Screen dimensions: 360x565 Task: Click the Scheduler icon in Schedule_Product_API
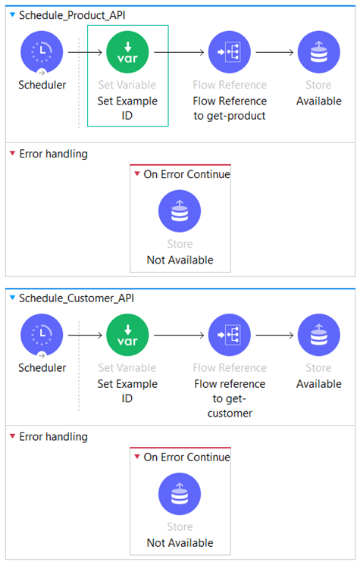42,52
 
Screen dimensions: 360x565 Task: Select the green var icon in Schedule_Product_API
127,52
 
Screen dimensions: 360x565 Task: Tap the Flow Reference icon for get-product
230,52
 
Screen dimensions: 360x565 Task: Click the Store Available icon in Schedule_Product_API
319,52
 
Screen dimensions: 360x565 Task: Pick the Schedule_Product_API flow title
72,15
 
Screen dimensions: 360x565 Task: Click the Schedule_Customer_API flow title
77,298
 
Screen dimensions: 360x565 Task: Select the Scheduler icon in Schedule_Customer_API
42,336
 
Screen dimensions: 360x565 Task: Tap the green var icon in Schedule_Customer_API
127,335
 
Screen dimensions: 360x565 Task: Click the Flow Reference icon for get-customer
230,335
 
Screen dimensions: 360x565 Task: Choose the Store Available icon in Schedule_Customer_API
319,335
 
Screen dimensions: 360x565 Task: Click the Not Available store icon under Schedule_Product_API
180,211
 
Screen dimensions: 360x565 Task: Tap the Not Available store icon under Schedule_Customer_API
180,494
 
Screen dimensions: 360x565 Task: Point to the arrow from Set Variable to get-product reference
179,52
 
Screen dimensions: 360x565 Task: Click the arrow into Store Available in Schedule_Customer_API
274,336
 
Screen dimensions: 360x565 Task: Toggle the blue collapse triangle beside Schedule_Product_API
13,15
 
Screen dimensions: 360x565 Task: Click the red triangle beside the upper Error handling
13,154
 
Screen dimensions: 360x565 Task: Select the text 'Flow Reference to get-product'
230,108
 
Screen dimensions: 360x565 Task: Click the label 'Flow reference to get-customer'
230,398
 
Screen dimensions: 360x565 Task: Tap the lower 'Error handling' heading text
53,437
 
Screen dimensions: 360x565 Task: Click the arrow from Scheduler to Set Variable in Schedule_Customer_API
85,336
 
